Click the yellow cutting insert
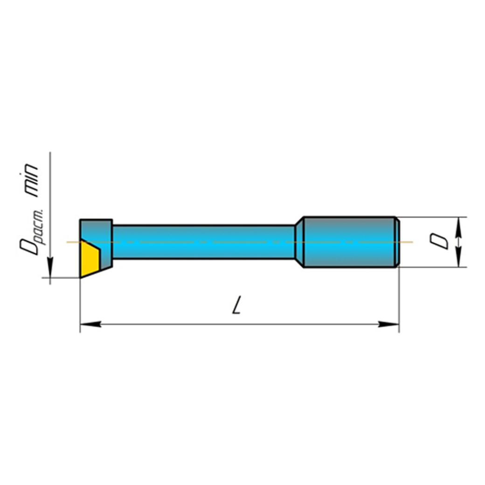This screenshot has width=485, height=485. pyautogui.click(x=89, y=259)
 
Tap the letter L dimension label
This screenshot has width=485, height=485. pyautogui.click(x=237, y=306)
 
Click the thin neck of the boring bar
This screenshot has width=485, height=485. pyautogui.click(x=203, y=242)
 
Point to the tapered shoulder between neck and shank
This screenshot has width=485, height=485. pyautogui.click(x=299, y=242)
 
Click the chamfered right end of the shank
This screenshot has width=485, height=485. pyautogui.click(x=397, y=242)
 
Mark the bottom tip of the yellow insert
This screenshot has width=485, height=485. pyautogui.click(x=81, y=277)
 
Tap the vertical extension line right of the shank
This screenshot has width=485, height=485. pyautogui.click(x=399, y=298)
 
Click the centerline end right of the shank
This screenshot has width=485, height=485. pyautogui.click(x=411, y=242)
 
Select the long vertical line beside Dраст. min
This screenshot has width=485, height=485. pyautogui.click(x=50, y=210)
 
